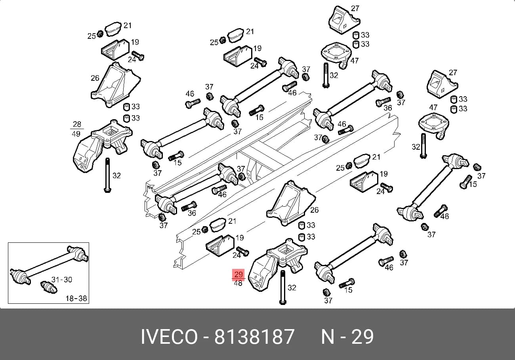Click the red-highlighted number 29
tap(238, 274)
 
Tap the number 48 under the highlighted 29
tap(238, 283)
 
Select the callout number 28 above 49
tap(77, 124)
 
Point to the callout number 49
tap(76, 134)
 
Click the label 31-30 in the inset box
tap(62, 280)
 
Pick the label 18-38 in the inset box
tap(76, 298)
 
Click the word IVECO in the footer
tap(169, 337)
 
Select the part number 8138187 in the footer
tap(254, 337)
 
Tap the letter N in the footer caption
tap(327, 337)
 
